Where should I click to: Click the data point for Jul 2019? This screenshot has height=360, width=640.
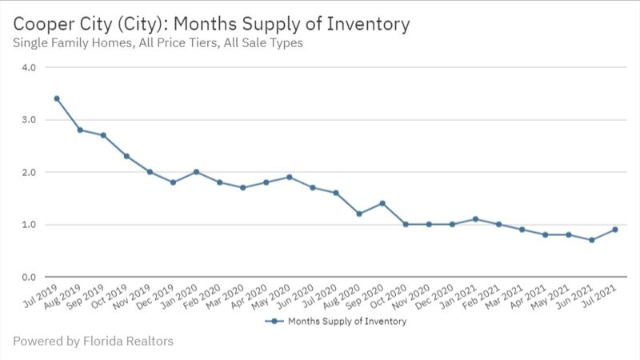pos(56,98)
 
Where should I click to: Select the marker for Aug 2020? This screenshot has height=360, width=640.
pos(359,214)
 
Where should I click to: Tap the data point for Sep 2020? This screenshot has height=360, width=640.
pos(382,203)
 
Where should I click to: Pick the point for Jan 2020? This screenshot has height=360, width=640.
pos(196,172)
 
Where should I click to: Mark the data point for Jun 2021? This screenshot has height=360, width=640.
pos(592,240)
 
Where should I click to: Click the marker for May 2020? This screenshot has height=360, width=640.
pos(290,177)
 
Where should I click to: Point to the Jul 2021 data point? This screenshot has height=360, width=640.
pos(615,230)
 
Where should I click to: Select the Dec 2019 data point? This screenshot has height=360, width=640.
pos(173,182)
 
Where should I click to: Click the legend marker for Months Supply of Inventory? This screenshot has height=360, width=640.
pos(274,321)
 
